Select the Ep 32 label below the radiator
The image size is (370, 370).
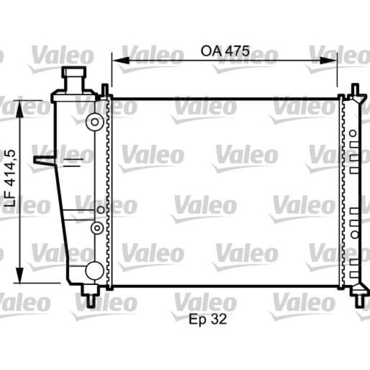[x=209, y=320]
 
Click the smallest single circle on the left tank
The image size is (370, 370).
[x=100, y=210]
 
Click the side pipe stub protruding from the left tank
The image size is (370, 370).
[x=42, y=160]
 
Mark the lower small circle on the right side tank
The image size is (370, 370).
[x=354, y=234]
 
